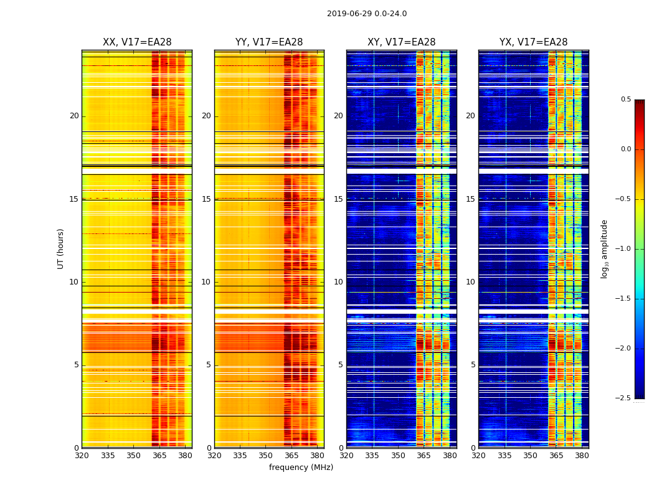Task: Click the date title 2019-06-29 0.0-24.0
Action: point(367,14)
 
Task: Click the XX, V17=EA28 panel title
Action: point(137,42)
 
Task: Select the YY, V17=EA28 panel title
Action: point(269,42)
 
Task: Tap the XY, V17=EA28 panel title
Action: point(401,42)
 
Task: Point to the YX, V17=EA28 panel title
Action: point(533,42)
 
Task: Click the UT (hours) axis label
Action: point(60,248)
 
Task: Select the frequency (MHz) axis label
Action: point(301,467)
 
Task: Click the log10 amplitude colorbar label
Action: point(604,248)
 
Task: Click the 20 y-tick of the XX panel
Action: point(74,116)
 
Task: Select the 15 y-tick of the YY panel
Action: point(207,199)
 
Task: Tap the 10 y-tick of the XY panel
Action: point(339,282)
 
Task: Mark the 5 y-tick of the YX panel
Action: point(473,365)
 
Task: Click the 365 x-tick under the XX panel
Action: point(159,456)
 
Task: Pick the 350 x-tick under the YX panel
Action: point(530,456)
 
